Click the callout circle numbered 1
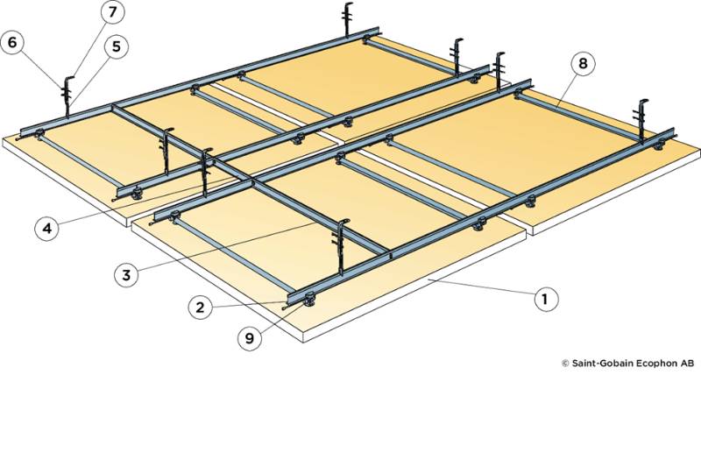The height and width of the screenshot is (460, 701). click(545, 299)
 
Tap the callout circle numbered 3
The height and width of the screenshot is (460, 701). click(125, 274)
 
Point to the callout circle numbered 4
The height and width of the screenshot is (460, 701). click(46, 229)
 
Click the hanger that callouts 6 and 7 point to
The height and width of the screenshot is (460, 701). click(67, 92)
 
